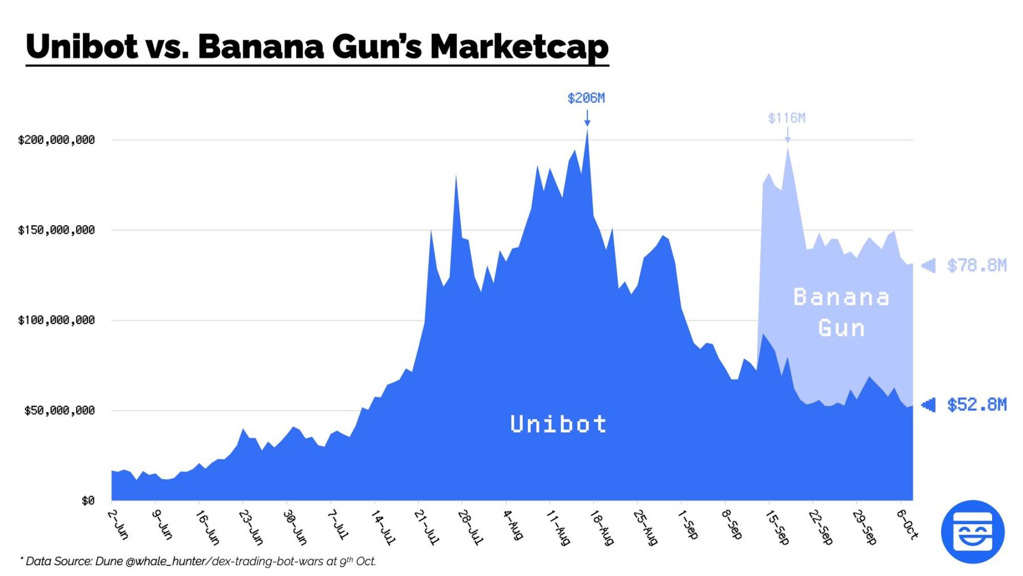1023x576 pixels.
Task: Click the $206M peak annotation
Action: pyautogui.click(x=586, y=98)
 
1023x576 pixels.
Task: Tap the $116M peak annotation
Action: pyautogui.click(x=787, y=118)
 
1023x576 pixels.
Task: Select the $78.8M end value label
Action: pyautogui.click(x=976, y=266)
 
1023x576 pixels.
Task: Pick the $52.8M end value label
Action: pyautogui.click(x=976, y=405)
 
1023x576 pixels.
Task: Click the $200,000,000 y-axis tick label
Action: pyautogui.click(x=56, y=140)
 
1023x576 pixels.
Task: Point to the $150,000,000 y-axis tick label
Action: pyautogui.click(x=56, y=230)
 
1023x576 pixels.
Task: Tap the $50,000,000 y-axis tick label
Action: pyautogui.click(x=59, y=411)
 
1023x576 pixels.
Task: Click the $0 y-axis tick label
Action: pyautogui.click(x=88, y=501)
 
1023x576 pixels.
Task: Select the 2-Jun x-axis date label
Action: pyautogui.click(x=118, y=524)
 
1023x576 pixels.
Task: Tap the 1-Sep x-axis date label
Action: pyautogui.click(x=688, y=524)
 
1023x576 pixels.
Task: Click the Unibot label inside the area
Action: pyautogui.click(x=558, y=424)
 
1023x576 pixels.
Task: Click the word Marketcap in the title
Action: pyautogui.click(x=519, y=47)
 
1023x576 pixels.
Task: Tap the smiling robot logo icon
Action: pyautogui.click(x=972, y=532)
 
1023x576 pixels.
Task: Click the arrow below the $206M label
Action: pyautogui.click(x=587, y=118)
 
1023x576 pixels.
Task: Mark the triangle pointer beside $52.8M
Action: pyautogui.click(x=928, y=405)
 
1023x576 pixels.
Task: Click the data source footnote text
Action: pyautogui.click(x=199, y=561)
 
